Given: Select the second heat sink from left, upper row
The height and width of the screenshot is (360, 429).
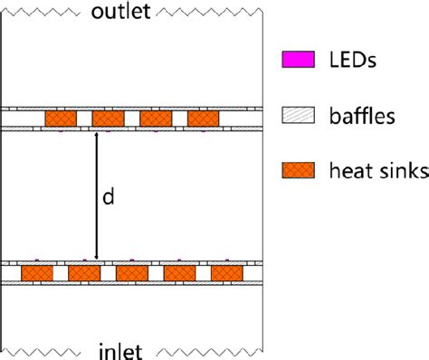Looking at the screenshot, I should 108,118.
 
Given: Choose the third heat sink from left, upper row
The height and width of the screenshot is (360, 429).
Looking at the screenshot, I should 156,118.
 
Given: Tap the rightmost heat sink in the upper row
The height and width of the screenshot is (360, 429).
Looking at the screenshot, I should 204,118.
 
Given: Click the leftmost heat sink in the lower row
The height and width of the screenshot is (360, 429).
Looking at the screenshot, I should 36,272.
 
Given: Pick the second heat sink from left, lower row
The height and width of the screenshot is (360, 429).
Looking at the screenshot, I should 84,272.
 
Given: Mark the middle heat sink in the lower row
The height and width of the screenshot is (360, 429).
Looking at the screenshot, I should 132,272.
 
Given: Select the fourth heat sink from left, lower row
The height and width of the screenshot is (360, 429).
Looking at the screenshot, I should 179,272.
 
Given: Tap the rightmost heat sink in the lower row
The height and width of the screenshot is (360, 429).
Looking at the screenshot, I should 226,272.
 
